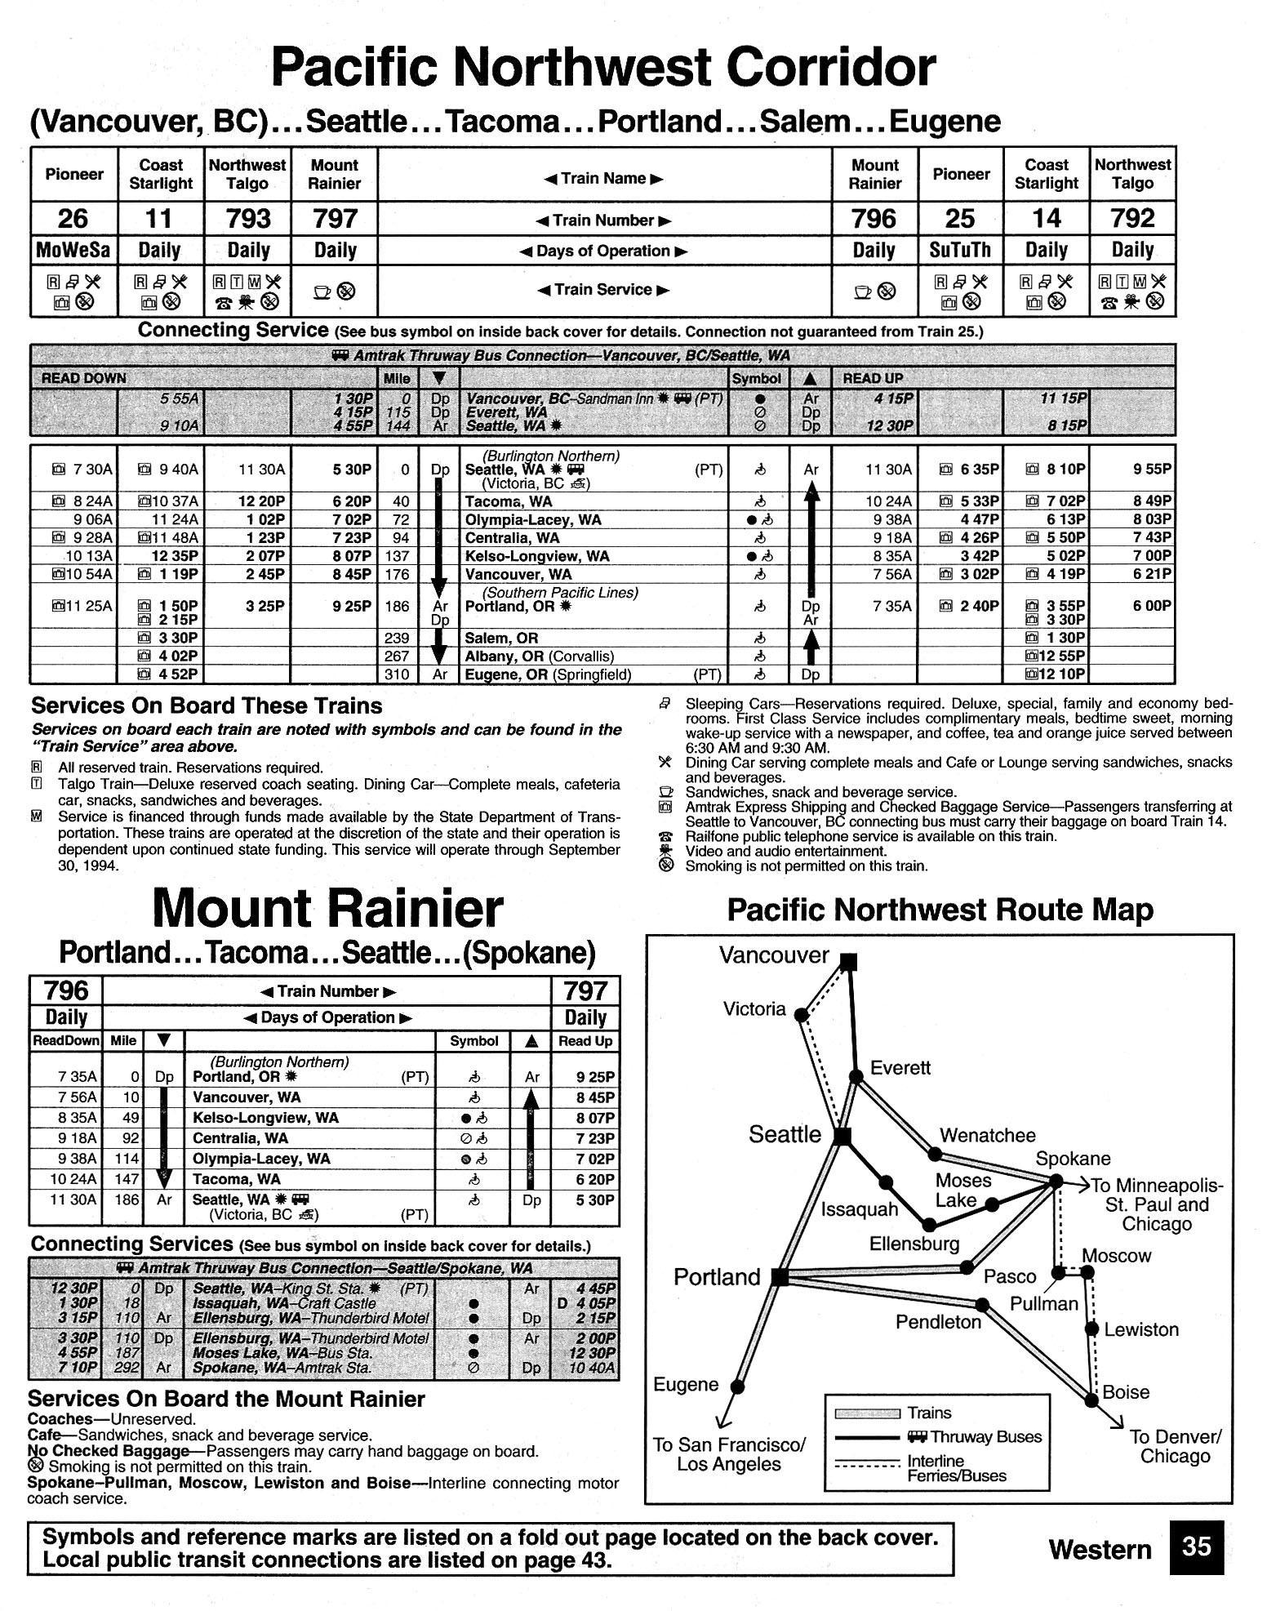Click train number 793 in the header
[247, 219]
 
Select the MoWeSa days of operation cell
[73, 250]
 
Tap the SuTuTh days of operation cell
[960, 250]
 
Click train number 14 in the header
[1047, 219]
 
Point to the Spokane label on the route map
[1073, 1159]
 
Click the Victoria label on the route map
[754, 1009]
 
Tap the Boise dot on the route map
[1092, 1400]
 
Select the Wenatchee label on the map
[987, 1135]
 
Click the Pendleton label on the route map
[938, 1322]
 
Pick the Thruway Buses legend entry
[974, 1437]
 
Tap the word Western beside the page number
[1100, 1549]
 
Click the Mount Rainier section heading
[327, 908]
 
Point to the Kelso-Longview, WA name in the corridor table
[537, 556]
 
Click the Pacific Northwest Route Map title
[940, 910]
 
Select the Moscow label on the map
[1116, 1256]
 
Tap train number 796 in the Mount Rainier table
[66, 990]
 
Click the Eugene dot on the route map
[738, 1386]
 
